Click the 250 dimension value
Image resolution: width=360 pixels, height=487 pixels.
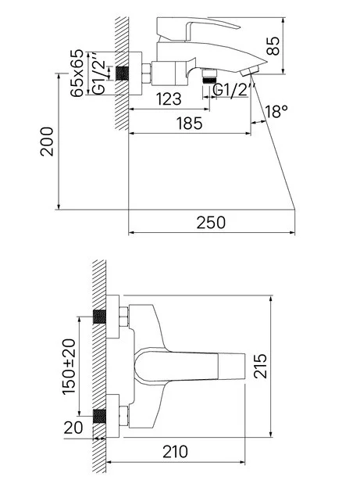click(x=211, y=223)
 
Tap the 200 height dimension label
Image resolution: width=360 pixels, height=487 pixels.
click(x=47, y=141)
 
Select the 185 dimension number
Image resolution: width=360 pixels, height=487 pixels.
click(x=189, y=124)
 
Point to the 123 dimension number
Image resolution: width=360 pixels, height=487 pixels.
click(x=169, y=99)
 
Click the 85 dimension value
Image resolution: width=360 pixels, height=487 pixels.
click(x=273, y=46)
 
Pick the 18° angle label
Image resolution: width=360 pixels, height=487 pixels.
click(x=276, y=112)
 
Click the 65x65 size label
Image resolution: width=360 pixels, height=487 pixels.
click(x=77, y=73)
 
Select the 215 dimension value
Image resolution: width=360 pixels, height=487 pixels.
click(x=260, y=366)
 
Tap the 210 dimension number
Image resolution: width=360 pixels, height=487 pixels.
click(x=176, y=452)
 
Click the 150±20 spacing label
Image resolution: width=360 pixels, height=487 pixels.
click(x=69, y=367)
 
